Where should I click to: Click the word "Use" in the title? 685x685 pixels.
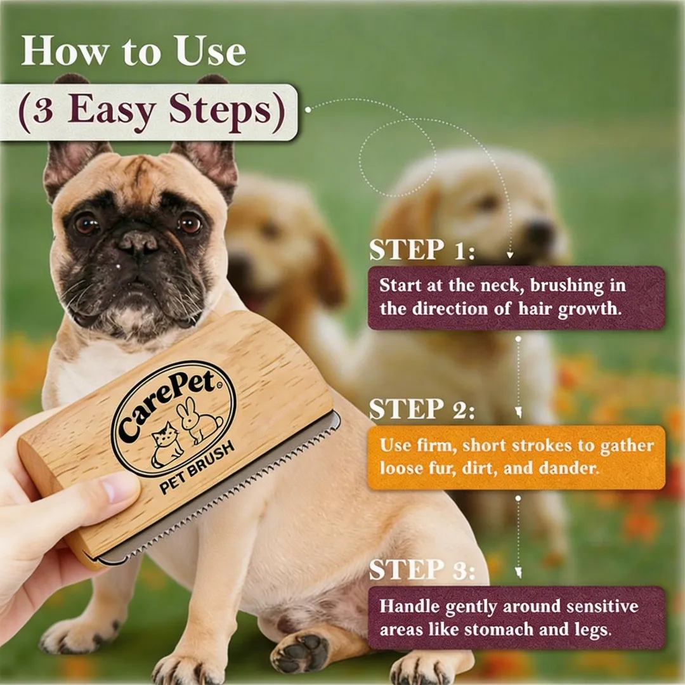coord(211,51)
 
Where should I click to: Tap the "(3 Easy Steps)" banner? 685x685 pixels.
coord(148,112)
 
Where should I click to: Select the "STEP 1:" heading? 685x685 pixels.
coord(422,250)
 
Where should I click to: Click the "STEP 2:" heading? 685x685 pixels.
coord(422,409)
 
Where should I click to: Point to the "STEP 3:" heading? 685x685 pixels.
coord(422,569)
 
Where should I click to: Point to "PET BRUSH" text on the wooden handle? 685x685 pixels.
coord(197,467)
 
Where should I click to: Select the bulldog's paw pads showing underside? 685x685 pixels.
coord(301,654)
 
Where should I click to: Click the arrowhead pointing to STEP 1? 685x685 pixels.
coord(509,255)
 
